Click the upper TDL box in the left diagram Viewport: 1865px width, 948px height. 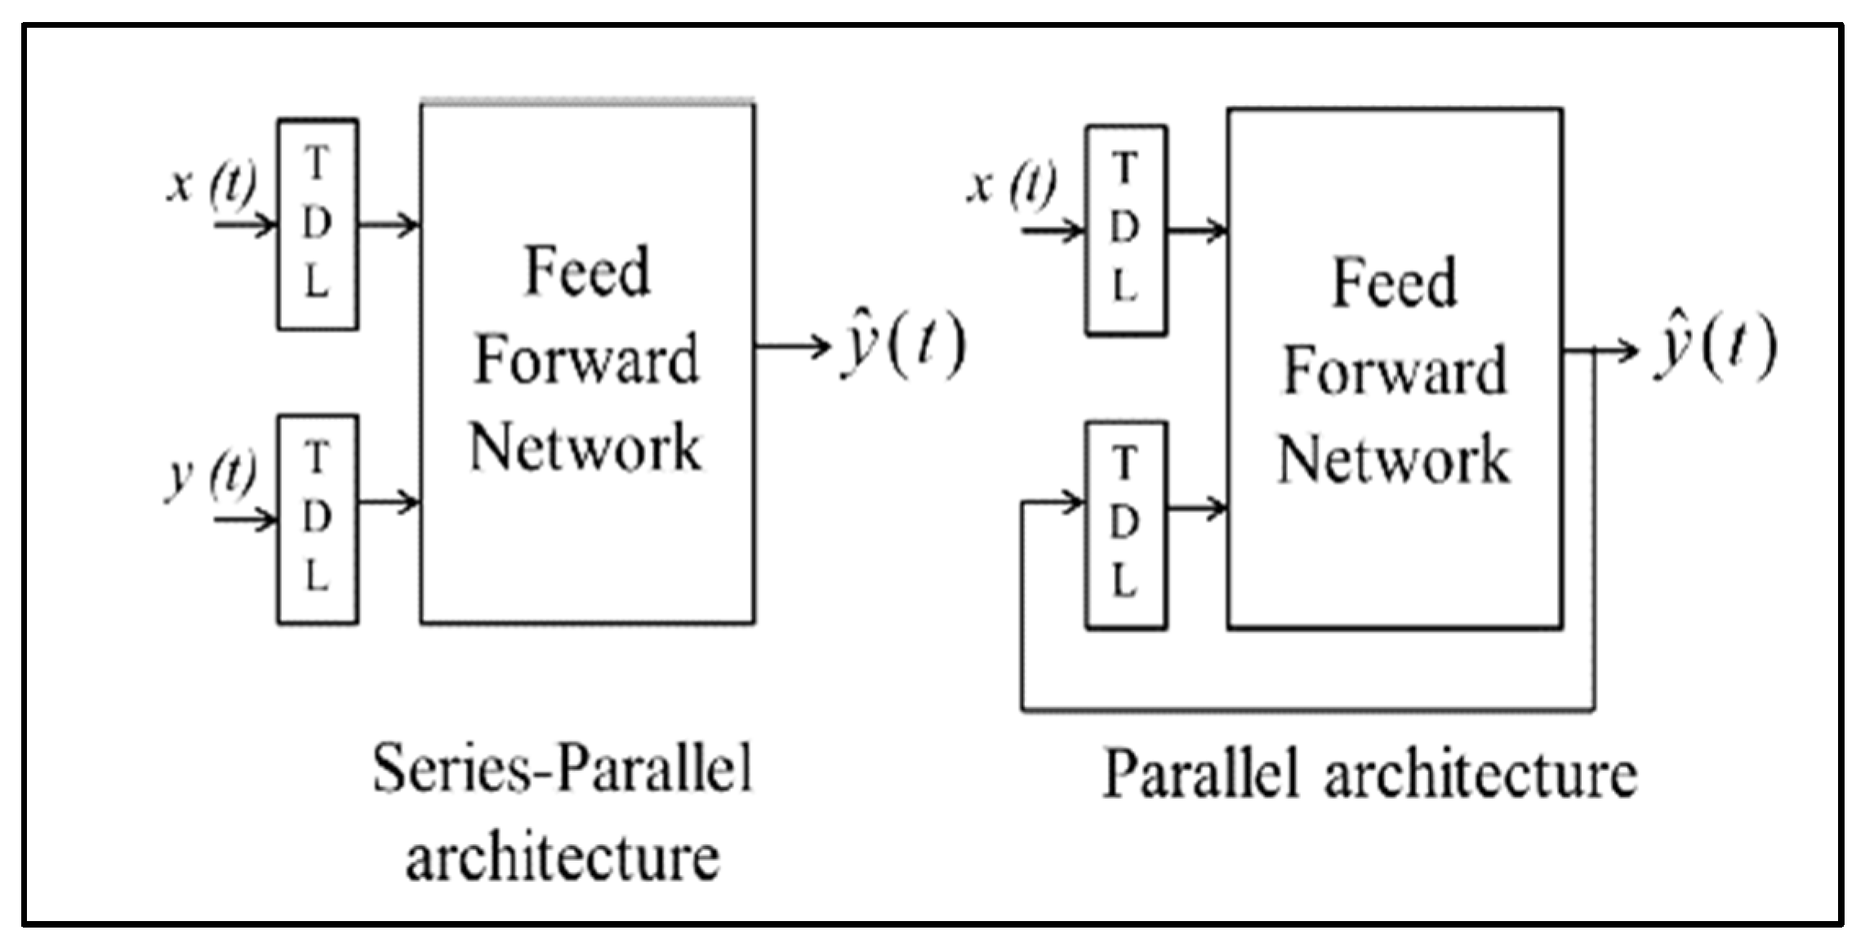point(318,225)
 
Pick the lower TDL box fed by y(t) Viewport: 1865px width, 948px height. point(318,520)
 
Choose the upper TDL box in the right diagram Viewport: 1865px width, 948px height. point(1125,230)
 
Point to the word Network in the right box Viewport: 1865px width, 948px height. point(1394,459)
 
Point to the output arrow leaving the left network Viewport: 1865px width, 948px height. point(793,346)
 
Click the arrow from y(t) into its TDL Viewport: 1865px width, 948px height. point(246,519)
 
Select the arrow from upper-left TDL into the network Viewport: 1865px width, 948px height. point(389,224)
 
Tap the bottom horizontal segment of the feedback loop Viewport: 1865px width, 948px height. point(1308,710)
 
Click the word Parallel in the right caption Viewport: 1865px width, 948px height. point(1200,772)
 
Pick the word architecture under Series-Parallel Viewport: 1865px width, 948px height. point(563,857)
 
